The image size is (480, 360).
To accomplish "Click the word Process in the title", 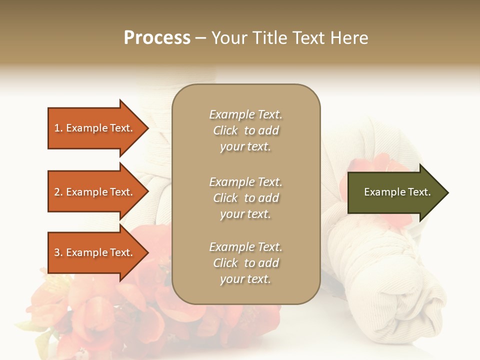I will pos(157,38).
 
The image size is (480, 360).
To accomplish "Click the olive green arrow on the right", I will pos(395,192).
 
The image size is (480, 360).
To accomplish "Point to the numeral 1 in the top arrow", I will pos(57,128).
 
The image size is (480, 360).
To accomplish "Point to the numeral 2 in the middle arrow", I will pos(57,192).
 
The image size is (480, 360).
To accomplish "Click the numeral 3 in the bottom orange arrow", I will pos(57,252).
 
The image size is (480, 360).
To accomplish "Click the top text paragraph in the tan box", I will pos(245,130).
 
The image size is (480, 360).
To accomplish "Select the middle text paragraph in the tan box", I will pos(245,198).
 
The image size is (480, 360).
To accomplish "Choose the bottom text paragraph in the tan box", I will pos(245,263).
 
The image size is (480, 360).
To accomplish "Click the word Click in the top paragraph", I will pos(225,130).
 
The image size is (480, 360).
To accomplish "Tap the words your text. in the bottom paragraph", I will pos(245,279).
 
